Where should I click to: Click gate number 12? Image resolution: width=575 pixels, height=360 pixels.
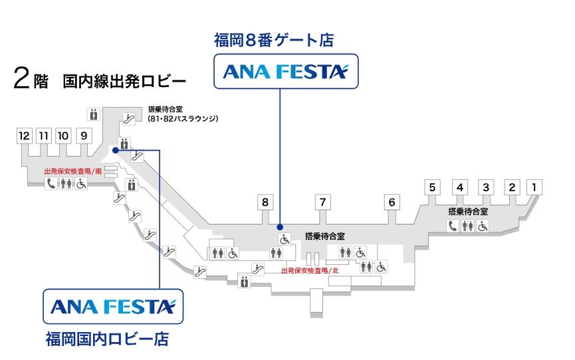25,135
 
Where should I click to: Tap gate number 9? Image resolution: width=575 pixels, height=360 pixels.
83,135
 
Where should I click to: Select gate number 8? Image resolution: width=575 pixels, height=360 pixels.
265,203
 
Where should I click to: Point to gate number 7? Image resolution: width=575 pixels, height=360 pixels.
322,203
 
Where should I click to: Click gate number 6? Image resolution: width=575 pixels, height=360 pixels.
392,203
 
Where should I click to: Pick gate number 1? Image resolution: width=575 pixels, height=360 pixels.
533,187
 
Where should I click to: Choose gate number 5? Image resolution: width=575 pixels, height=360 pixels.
432,187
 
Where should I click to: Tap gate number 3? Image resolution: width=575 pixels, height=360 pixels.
486,187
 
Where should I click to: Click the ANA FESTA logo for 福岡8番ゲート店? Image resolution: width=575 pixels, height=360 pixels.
285,71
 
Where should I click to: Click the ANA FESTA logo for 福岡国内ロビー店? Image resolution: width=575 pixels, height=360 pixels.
112,306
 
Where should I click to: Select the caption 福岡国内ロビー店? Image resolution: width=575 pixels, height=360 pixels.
106,340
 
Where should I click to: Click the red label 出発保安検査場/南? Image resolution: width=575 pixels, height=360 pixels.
73,171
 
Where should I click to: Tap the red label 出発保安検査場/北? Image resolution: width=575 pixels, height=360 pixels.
310,271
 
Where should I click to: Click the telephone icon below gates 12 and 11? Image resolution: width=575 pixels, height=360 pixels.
51,185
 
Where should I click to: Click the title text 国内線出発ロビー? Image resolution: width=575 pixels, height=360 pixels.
124,82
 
